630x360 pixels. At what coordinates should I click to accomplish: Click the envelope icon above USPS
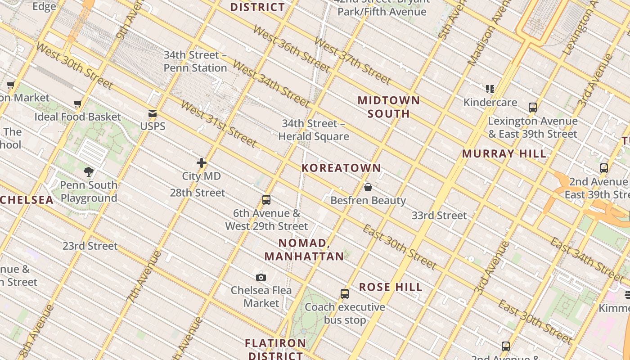[x=153, y=113]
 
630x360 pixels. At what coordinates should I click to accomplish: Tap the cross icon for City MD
[x=202, y=163]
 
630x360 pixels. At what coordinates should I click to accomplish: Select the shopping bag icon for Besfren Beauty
[x=368, y=187]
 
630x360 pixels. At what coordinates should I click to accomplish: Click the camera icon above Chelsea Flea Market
[x=261, y=277]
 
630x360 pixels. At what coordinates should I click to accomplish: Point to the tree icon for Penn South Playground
[x=89, y=171]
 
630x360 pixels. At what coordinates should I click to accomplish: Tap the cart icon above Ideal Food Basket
[x=78, y=104]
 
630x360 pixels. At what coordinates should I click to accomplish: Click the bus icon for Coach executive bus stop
[x=345, y=294]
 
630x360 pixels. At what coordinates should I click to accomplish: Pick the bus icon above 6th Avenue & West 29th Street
[x=266, y=200]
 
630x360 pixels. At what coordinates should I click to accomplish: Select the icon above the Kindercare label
[x=490, y=89]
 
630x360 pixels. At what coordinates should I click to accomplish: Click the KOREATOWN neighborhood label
[x=341, y=168]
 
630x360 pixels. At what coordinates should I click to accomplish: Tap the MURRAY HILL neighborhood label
[x=504, y=153]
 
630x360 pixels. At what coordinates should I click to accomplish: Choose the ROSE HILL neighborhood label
[x=391, y=287]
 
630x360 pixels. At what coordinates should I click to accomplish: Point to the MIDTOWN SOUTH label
[x=389, y=107]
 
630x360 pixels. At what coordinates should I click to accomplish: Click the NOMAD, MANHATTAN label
[x=304, y=250]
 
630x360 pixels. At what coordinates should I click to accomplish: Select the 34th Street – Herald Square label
[x=314, y=130]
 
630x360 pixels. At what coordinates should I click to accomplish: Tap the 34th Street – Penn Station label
[x=195, y=61]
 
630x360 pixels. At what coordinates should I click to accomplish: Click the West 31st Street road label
[x=219, y=124]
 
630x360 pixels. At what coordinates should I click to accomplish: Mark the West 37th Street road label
[x=353, y=60]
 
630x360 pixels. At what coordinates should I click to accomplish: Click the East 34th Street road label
[x=587, y=259]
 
